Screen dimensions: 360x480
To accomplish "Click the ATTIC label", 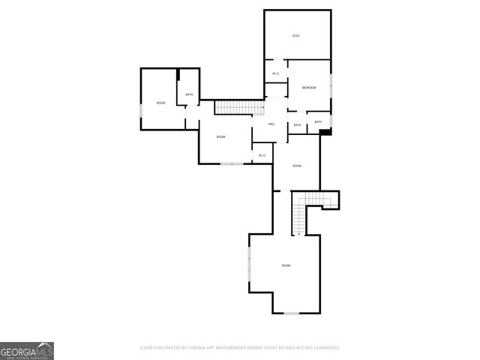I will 296,36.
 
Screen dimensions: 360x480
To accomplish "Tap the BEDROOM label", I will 309,88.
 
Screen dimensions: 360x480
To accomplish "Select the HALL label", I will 271,124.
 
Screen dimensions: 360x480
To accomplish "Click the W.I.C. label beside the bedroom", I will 276,73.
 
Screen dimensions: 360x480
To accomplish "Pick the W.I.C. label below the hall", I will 262,155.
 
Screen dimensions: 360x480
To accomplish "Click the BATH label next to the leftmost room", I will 189,94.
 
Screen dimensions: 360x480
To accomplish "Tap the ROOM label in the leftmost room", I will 160,103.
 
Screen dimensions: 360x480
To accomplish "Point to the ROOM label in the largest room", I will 286,265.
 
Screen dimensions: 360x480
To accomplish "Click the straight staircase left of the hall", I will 234,107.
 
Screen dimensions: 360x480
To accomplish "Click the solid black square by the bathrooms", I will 325,133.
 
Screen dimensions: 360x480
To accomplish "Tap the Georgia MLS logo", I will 27,350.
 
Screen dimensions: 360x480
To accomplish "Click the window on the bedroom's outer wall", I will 331,86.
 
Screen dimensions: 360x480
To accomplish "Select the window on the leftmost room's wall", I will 141,112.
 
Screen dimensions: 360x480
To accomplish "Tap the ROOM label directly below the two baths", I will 297,166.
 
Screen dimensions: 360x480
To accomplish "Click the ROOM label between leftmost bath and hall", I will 220,136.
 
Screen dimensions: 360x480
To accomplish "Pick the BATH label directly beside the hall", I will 298,125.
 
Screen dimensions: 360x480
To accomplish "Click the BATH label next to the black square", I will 318,121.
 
